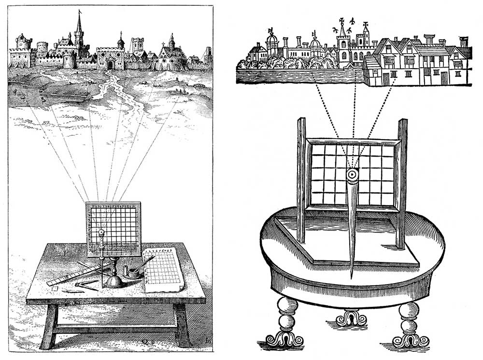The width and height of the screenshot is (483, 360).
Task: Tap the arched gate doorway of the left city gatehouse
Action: coord(111,64)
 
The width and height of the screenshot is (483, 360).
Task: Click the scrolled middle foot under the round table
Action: coord(351,317)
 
